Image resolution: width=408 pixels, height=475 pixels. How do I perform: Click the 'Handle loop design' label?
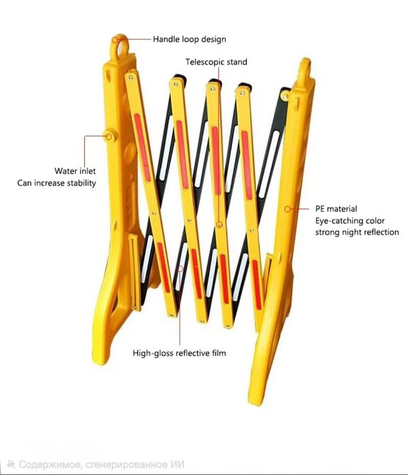pyautogui.click(x=189, y=39)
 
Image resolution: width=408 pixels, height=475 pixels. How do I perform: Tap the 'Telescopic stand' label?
pyautogui.click(x=216, y=62)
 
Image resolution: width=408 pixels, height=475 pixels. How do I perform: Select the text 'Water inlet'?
pyautogui.click(x=75, y=171)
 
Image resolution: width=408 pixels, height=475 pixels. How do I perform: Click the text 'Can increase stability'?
pyautogui.click(x=57, y=183)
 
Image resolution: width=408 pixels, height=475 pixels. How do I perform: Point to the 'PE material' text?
pyautogui.click(x=336, y=209)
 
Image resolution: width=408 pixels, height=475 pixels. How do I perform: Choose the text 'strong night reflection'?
pyautogui.click(x=357, y=232)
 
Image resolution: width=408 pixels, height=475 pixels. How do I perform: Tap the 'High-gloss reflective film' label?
pyautogui.click(x=180, y=353)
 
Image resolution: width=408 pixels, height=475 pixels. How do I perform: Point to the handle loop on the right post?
pyautogui.click(x=303, y=68)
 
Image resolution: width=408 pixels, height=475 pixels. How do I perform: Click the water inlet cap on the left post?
pyautogui.click(x=108, y=134)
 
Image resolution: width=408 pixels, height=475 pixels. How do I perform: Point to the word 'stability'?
pyautogui.click(x=80, y=183)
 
